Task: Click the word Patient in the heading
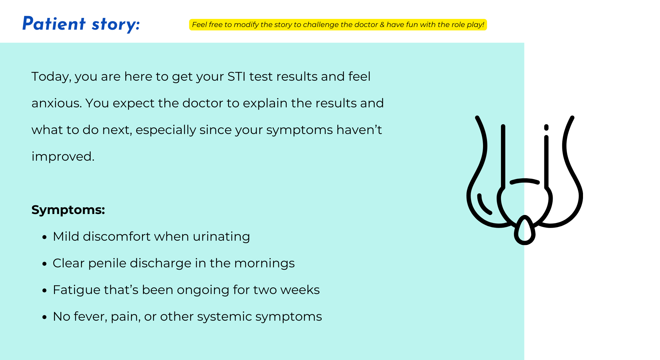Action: click(x=54, y=24)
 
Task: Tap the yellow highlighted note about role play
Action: click(x=338, y=25)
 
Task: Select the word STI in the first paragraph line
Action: click(x=236, y=76)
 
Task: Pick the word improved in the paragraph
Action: click(x=63, y=157)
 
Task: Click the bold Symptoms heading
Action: click(x=68, y=210)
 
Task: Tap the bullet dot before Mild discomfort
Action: click(x=45, y=237)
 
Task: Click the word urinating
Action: click(x=221, y=237)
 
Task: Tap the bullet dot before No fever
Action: click(x=45, y=317)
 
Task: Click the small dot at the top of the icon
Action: click(x=546, y=127)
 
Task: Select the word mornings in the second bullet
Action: click(x=264, y=263)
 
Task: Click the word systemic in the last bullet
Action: click(x=224, y=317)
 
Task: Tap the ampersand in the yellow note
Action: click(x=382, y=25)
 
